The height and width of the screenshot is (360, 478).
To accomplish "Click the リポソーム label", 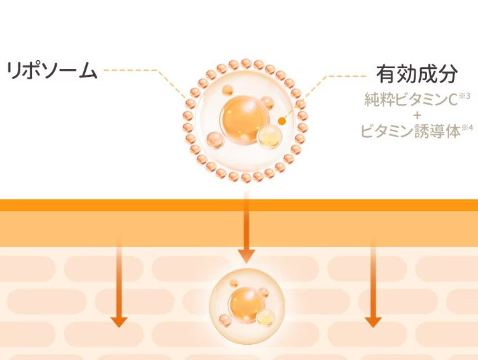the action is [x=52, y=71].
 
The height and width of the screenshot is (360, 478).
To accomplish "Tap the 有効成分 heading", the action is [x=416, y=74].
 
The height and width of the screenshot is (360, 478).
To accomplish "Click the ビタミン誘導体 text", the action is [x=411, y=131].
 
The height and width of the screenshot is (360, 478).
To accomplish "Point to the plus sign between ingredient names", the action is [x=416, y=115].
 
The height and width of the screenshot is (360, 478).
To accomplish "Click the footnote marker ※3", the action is [x=464, y=96].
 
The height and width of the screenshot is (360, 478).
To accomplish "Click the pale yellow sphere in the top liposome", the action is [x=268, y=137].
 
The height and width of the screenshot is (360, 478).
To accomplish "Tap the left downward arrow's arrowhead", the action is [x=119, y=321].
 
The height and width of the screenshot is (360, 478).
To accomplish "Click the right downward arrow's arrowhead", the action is [x=374, y=321].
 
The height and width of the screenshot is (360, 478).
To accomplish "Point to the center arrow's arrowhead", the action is [x=246, y=256].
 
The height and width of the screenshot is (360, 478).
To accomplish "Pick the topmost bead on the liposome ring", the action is [x=246, y=64].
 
